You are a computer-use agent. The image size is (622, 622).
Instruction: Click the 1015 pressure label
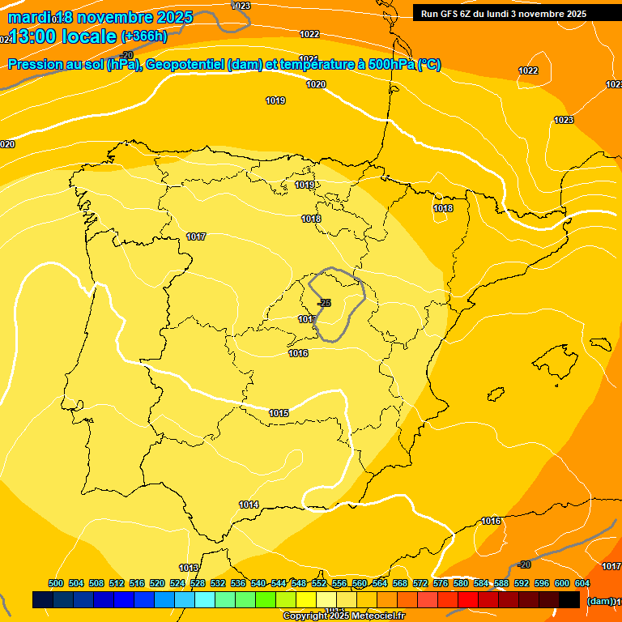click(279, 413)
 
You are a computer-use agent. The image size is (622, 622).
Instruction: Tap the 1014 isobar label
click(249, 505)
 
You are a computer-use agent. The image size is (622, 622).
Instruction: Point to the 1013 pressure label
click(189, 568)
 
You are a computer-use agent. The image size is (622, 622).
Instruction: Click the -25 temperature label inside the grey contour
click(324, 303)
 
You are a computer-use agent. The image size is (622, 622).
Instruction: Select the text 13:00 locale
click(63, 36)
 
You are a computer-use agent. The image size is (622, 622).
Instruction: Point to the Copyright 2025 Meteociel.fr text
click(343, 616)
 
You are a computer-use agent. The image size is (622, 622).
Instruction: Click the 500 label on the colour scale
click(56, 583)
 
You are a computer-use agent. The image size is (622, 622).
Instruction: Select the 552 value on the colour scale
click(319, 583)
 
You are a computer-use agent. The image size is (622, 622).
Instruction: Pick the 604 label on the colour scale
click(582, 583)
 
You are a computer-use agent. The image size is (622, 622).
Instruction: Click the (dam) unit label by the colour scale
click(599, 601)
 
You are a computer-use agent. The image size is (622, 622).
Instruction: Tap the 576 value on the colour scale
click(441, 583)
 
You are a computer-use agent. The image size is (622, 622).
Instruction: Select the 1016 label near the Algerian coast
click(491, 521)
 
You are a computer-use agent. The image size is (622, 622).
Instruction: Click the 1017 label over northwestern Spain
click(196, 236)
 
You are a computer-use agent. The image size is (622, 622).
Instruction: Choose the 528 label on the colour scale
click(198, 583)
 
